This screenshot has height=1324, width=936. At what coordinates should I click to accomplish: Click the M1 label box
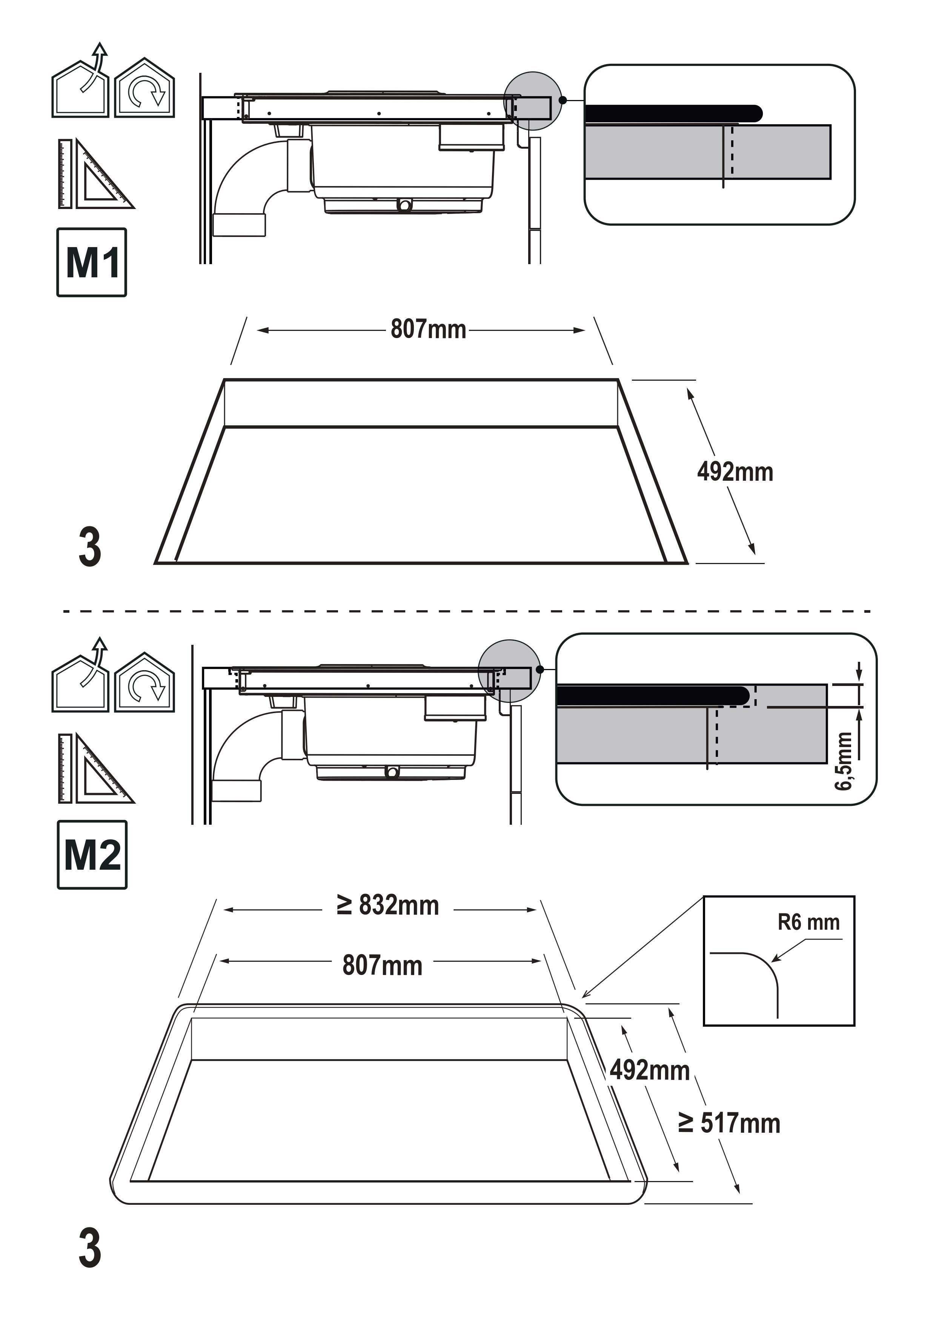click(92, 262)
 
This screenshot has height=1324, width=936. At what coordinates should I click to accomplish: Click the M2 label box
click(92, 855)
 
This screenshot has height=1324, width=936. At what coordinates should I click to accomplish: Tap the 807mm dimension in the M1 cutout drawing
click(428, 329)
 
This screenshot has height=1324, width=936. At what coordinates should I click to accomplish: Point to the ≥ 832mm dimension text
click(387, 905)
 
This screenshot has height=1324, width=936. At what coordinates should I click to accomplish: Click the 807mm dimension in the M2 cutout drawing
click(382, 965)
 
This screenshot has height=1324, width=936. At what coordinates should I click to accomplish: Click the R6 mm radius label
click(808, 922)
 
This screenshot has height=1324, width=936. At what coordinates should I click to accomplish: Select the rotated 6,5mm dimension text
click(843, 761)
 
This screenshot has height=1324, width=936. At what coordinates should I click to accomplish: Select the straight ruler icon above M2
click(65, 768)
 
